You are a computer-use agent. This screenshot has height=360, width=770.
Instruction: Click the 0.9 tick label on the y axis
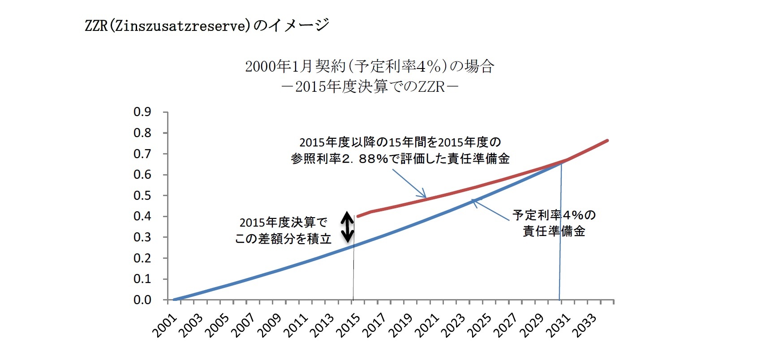pos(142,112)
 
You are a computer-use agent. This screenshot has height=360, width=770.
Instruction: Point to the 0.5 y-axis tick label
pos(142,196)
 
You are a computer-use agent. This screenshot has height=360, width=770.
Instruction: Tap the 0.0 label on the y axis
pos(142,300)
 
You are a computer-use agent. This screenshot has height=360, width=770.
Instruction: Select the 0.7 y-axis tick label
pos(142,154)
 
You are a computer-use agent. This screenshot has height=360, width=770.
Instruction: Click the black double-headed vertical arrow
pos(348,227)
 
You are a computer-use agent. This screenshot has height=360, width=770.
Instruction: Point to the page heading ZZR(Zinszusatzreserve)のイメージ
pos(207,26)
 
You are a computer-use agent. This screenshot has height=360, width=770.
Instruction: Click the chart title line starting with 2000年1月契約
pos(370,67)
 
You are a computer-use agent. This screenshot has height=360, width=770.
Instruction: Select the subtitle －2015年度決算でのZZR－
pos(370,86)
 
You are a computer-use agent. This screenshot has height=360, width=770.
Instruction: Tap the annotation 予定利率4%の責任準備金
pos(554,223)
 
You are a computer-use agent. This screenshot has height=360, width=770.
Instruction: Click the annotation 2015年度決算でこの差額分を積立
pos(283,231)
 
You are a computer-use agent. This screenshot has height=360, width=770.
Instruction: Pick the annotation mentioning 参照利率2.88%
pos(400,150)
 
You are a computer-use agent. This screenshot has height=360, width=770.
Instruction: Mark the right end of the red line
pos(607,141)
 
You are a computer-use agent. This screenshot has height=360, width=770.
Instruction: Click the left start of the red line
pos(357,216)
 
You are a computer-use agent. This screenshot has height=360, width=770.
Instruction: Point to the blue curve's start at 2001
pos(174,300)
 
